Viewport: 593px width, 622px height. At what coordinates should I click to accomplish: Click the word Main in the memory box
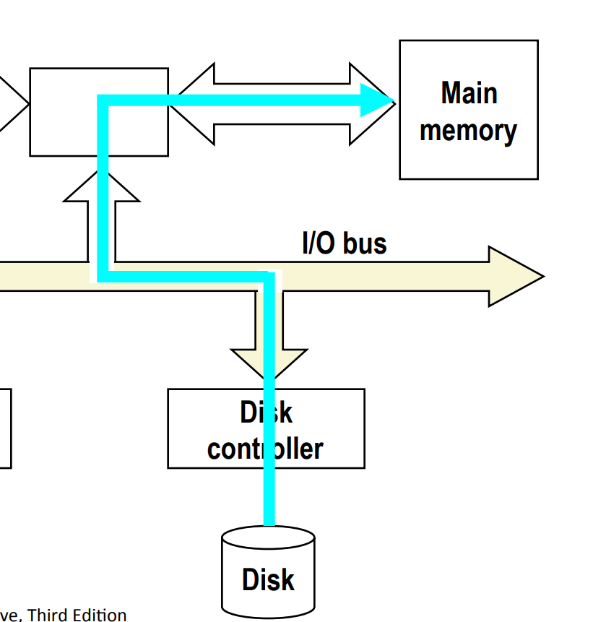pos(468,93)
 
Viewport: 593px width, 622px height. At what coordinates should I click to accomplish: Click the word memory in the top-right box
pos(468,131)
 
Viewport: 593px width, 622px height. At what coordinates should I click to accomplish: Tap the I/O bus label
pos(344,243)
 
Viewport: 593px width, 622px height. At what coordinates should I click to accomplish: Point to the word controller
pos(264,449)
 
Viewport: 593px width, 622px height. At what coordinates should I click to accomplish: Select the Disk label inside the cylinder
pos(268,580)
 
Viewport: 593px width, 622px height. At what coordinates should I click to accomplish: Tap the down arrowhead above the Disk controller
pos(269,361)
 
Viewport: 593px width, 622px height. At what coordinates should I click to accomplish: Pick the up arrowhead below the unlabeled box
pos(101,189)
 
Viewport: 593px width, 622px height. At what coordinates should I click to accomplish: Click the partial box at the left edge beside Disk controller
pos(5,428)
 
